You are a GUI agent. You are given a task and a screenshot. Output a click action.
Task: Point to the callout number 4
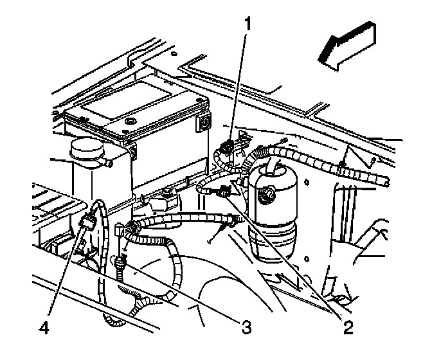coord(44,328)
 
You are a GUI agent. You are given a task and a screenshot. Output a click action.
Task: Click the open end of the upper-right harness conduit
coord(385,181)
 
